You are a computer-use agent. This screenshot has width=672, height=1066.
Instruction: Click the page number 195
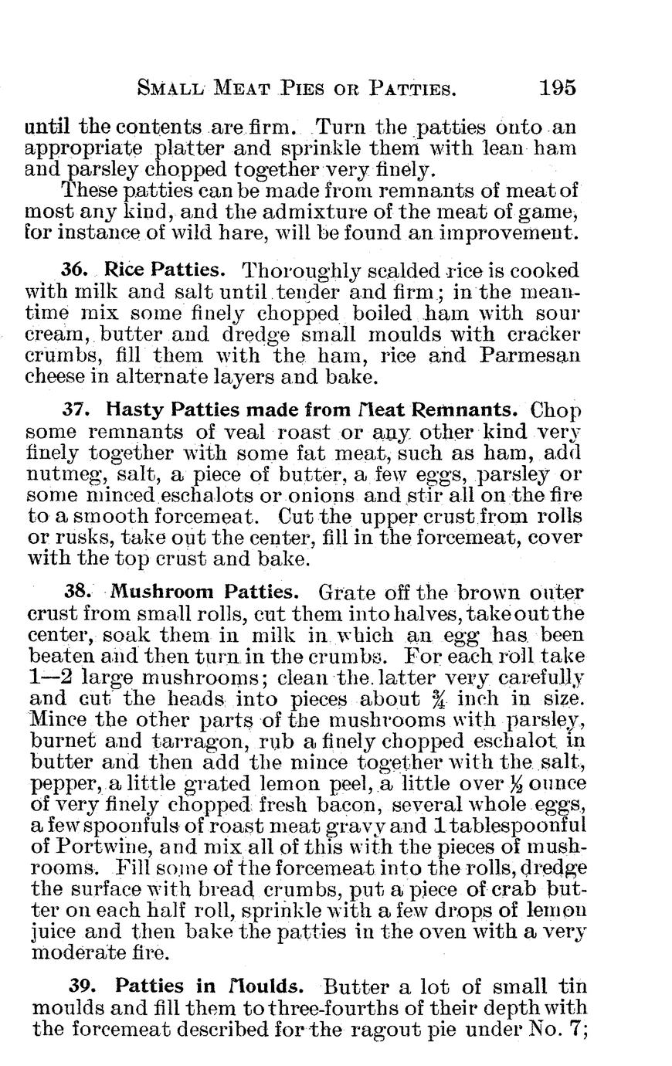pyautogui.click(x=558, y=87)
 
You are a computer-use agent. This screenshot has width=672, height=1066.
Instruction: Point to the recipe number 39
pyautogui.click(x=83, y=986)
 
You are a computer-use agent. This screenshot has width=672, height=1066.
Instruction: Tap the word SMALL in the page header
pyautogui.click(x=168, y=87)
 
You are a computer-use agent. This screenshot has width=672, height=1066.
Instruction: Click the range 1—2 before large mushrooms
pyautogui.click(x=50, y=678)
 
